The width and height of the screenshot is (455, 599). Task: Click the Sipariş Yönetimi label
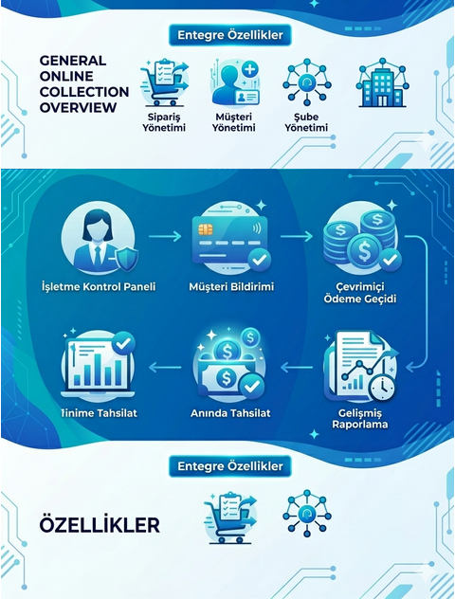(x=164, y=122)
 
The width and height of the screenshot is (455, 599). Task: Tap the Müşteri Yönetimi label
(x=233, y=122)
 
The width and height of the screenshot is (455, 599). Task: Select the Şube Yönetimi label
(x=306, y=122)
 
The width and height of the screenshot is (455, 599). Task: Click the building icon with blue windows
(x=382, y=82)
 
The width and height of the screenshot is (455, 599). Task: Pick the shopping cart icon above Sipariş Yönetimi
(x=164, y=82)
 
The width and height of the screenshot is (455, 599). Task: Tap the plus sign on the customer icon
(x=250, y=69)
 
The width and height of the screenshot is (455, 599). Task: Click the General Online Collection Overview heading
(x=84, y=84)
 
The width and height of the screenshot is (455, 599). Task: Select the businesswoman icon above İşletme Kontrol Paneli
(x=99, y=238)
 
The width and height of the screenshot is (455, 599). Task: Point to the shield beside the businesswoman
(x=126, y=259)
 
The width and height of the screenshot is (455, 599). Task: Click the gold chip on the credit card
(x=206, y=229)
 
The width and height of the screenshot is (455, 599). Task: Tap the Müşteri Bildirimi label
(x=231, y=287)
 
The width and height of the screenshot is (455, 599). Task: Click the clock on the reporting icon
(x=382, y=389)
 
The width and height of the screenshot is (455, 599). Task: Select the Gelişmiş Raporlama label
(x=360, y=419)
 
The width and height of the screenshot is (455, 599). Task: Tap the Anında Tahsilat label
(x=230, y=413)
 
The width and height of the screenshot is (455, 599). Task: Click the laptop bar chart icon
(x=99, y=367)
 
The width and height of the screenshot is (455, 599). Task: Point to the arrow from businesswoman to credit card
(x=165, y=236)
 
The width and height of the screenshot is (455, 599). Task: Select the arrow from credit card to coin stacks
(x=297, y=236)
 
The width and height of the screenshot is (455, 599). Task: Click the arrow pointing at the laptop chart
(x=165, y=368)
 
